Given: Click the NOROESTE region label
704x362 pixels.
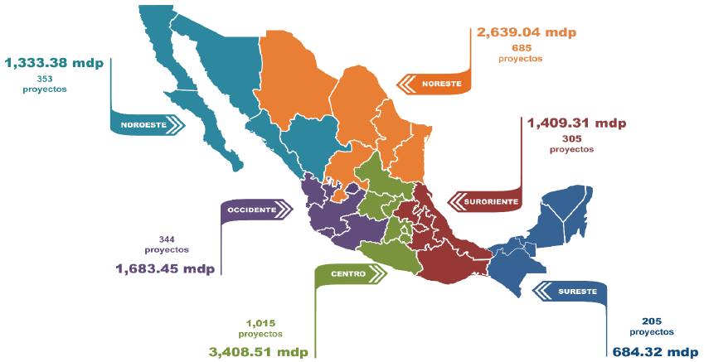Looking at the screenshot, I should click(143, 126).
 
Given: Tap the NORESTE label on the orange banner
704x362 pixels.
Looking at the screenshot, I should click(440, 84).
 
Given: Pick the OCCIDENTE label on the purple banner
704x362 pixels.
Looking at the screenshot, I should click(252, 210).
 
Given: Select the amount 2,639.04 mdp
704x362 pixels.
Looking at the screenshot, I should click(526, 32).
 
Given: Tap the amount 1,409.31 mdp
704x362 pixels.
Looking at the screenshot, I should click(576, 123).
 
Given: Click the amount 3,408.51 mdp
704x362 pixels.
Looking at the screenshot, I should click(258, 351).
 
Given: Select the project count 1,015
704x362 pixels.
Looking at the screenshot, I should click(260, 322).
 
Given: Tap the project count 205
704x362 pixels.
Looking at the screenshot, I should click(651, 321).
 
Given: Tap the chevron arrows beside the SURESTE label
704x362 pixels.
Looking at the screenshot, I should click(543, 291).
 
